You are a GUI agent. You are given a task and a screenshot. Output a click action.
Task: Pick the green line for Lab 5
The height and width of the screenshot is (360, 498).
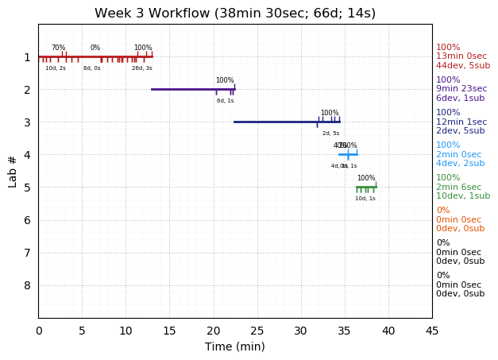click(366, 187)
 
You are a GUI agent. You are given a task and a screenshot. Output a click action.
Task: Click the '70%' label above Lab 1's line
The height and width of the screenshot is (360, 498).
click(59, 48)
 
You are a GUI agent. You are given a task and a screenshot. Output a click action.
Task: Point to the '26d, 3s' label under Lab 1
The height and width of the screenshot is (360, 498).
click(142, 68)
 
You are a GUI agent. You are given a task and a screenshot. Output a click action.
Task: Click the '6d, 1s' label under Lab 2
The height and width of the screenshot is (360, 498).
click(226, 101)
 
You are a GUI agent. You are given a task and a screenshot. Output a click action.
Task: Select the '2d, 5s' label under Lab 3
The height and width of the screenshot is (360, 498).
click(330, 134)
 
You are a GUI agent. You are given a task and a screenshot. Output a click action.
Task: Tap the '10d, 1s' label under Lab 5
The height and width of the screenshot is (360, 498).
click(365, 199)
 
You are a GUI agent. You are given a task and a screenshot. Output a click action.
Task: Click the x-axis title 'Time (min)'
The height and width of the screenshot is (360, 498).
click(235, 346)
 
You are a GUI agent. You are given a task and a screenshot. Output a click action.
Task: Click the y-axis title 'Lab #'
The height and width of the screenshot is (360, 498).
click(13, 171)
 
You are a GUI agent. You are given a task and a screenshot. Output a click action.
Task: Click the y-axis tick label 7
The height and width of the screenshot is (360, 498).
click(27, 253)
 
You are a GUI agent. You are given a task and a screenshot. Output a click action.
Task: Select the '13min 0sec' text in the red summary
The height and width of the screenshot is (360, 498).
click(461, 56)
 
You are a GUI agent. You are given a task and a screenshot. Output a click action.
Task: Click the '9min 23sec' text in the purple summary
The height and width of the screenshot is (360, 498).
click(461, 89)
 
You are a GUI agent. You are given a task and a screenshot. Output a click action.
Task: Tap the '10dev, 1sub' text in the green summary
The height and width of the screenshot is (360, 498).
click(463, 196)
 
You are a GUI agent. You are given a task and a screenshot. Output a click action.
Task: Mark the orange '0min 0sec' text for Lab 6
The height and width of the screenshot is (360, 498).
click(458, 220)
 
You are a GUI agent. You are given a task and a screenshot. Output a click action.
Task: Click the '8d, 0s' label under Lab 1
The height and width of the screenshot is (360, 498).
click(92, 68)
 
